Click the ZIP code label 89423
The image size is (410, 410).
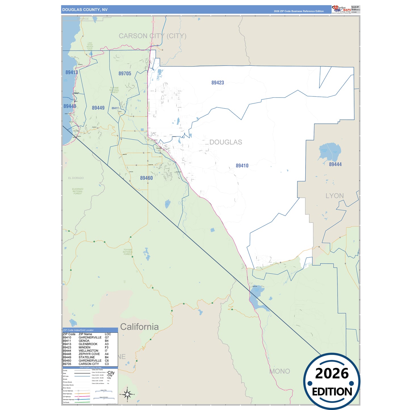click(218, 83)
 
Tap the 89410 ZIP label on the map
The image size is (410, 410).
click(242, 166)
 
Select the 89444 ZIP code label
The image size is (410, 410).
click(335, 164)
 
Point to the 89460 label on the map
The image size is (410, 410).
click(146, 178)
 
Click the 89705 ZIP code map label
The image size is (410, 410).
click(125, 73)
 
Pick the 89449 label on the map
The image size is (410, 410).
click(98, 108)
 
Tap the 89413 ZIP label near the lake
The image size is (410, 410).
click(72, 72)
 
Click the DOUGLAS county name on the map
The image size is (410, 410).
click(226, 142)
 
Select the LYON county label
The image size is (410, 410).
click(335, 196)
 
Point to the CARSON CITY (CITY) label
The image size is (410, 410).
click(152, 36)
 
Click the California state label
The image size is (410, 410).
click(139, 327)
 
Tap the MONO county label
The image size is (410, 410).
click(280, 371)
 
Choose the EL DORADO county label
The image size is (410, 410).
click(76, 178)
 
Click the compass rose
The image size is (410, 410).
click(127, 394)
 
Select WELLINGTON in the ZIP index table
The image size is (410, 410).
click(88, 351)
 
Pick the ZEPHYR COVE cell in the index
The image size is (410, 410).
click(89, 354)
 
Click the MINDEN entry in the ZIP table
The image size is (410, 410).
click(85, 347)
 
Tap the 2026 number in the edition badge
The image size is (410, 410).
click(332, 373)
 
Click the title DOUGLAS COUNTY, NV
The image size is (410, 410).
click(85, 10)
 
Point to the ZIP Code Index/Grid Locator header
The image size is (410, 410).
click(78, 330)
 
